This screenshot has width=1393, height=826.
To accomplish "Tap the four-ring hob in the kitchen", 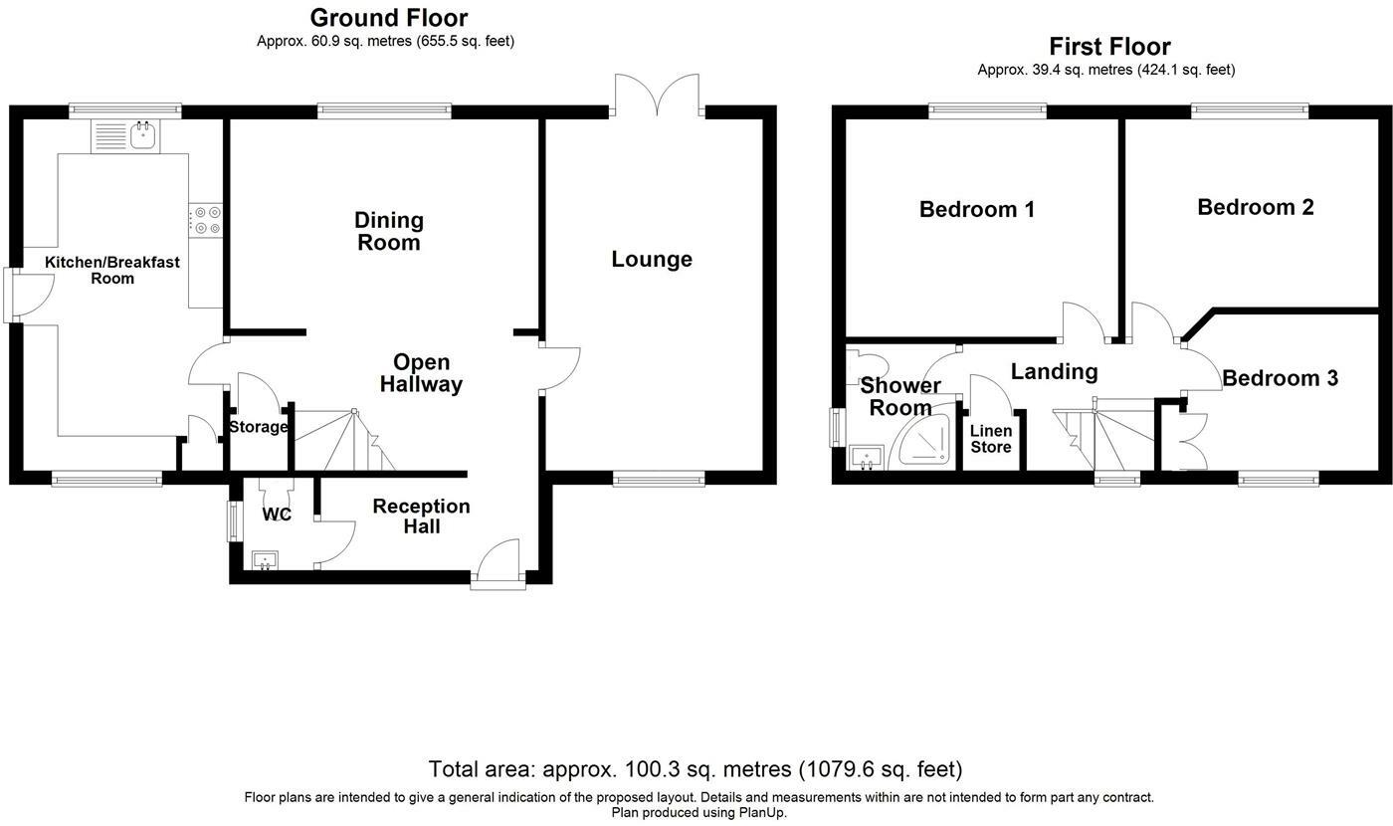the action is (x=205, y=221).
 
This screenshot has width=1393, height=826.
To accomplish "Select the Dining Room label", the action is (x=389, y=231).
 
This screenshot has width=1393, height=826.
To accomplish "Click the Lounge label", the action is (x=651, y=259).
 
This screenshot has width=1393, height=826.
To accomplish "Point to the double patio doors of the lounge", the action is (x=657, y=95).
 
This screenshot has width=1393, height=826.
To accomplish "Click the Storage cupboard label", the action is (x=258, y=427).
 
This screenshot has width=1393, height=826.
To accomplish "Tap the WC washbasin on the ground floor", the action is (x=266, y=559).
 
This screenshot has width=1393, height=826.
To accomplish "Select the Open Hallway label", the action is (x=421, y=373).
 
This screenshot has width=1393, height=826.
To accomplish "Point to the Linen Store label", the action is (x=991, y=439).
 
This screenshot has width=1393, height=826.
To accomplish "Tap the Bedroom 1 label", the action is (x=977, y=209).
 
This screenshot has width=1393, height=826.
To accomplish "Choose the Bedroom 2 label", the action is (x=1256, y=207).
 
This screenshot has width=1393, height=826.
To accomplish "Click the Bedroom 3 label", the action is (x=1280, y=378).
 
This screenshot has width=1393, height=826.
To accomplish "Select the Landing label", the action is (x=1054, y=372).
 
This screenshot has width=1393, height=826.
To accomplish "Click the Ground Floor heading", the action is (x=389, y=18).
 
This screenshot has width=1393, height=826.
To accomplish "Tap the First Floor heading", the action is (x=1109, y=47).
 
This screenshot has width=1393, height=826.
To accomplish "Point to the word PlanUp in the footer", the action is (x=762, y=812).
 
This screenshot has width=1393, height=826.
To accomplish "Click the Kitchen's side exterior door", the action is (x=29, y=296).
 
